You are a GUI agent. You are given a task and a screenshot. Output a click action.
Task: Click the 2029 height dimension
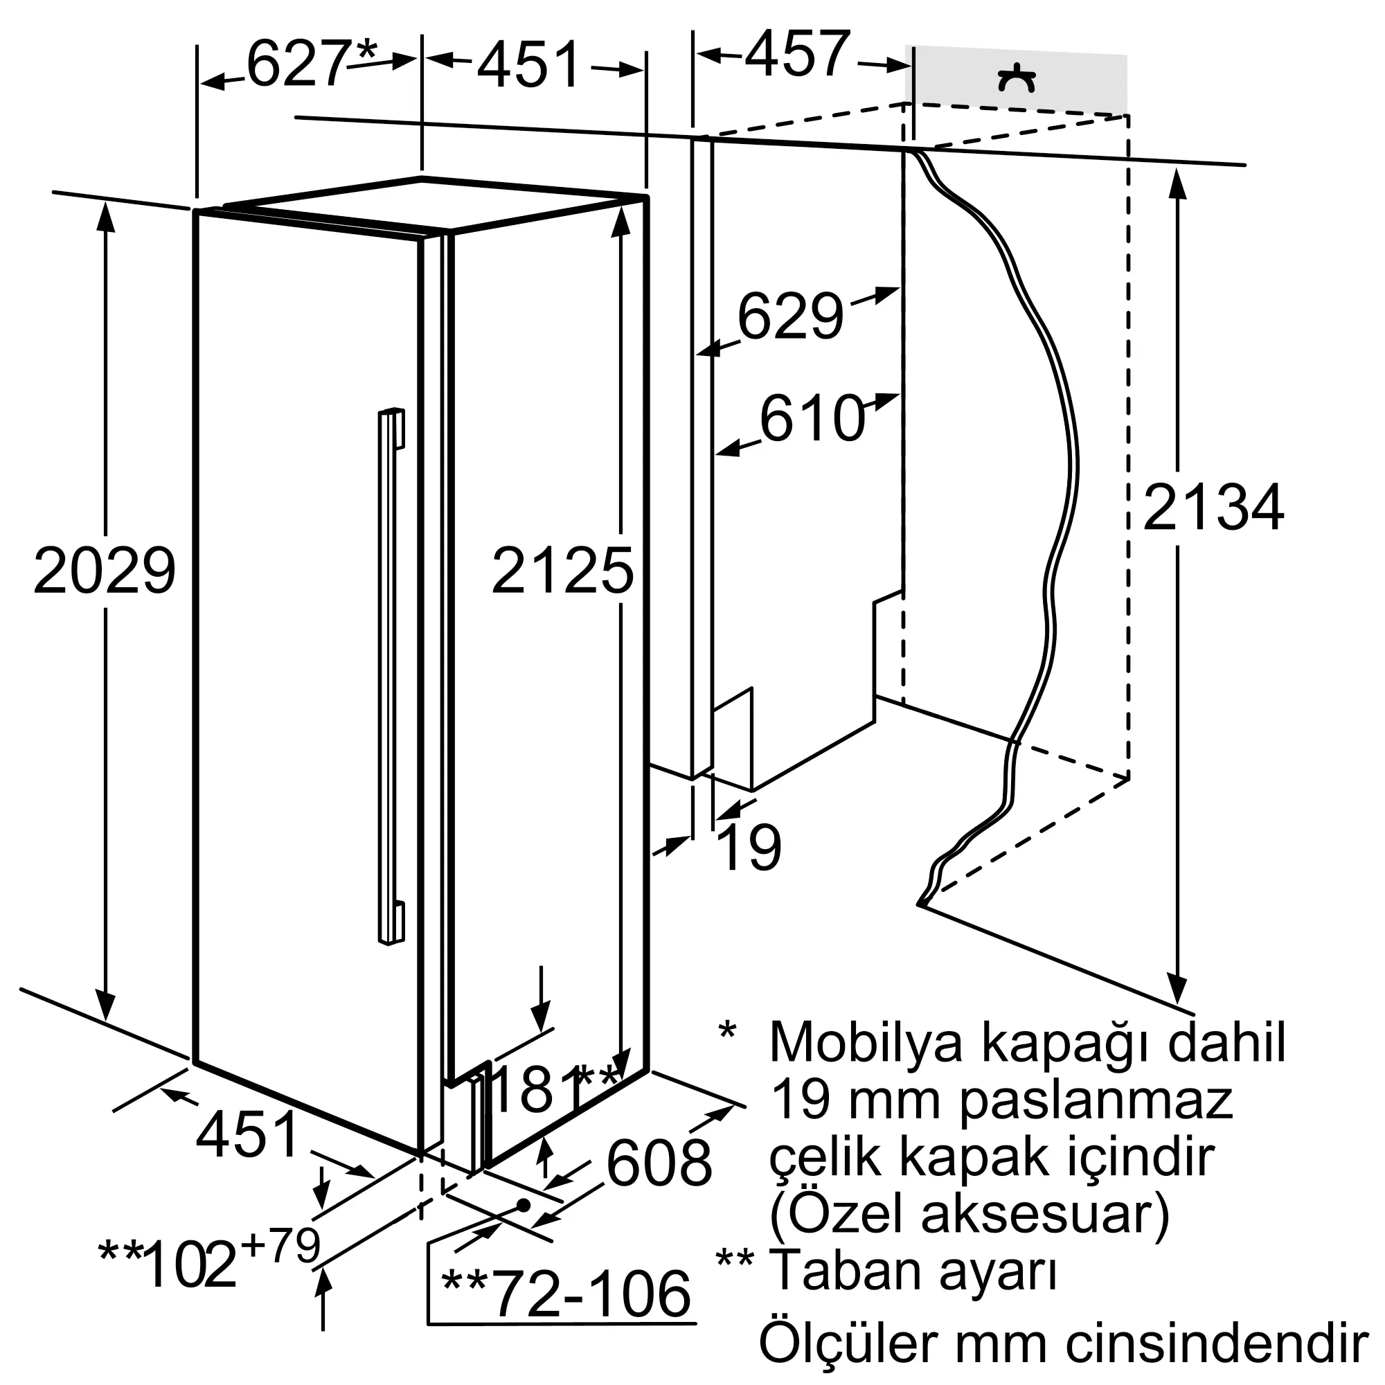click(x=105, y=571)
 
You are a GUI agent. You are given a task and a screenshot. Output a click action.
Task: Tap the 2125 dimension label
click(x=563, y=571)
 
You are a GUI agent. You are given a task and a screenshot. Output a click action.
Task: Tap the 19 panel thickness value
click(x=750, y=848)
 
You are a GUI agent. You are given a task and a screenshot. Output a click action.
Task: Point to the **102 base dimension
click(x=168, y=1265)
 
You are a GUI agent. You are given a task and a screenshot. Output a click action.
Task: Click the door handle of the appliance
click(x=392, y=677)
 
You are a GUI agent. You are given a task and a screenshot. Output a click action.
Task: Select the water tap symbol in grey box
click(x=1017, y=79)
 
